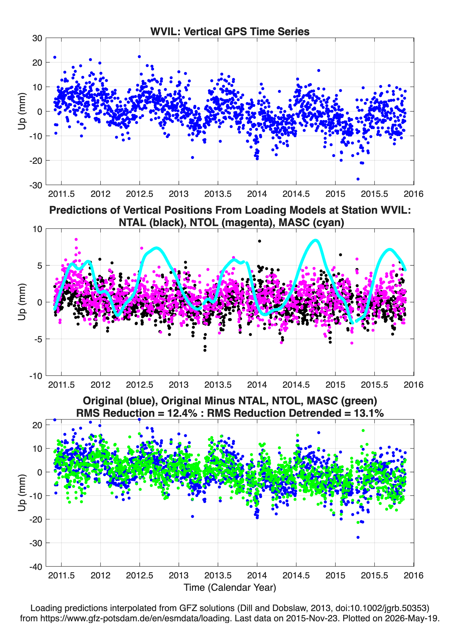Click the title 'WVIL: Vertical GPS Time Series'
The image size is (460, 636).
(230, 31)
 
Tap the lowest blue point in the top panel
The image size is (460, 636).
(358, 179)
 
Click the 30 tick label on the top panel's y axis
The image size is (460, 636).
(37, 38)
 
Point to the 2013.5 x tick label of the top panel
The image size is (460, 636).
(218, 194)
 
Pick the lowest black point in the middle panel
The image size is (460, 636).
(205, 350)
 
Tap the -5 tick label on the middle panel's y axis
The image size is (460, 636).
(38, 339)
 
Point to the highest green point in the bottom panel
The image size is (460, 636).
(363, 430)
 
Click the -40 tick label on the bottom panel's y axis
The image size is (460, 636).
(36, 567)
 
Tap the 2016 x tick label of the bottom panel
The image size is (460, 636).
(413, 575)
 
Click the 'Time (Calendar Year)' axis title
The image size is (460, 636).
(230, 588)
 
